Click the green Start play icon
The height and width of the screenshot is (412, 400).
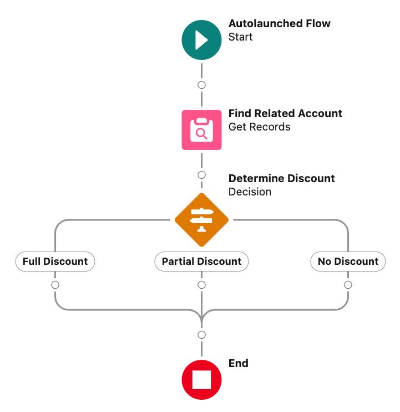pos(201,40)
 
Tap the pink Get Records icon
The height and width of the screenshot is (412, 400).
pos(201,130)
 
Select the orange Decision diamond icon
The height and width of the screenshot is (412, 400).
pos(201,220)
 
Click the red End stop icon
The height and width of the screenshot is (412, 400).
pos(201,380)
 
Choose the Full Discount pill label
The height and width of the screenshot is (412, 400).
pos(55,261)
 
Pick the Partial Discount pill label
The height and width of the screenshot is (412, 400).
pos(201,261)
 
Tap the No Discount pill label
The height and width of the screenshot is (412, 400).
pos(348,261)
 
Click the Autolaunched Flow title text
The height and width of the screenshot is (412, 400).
pos(279,24)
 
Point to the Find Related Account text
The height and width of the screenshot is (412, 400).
pos(285,113)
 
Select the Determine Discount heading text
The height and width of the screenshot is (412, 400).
pos(281,178)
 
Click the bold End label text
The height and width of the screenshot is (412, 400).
pos(238,363)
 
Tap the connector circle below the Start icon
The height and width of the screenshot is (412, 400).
pos(201,85)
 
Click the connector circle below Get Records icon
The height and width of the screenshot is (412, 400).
pos(201,175)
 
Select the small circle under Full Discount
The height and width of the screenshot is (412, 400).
pos(55,285)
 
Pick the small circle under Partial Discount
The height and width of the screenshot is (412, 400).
pos(201,285)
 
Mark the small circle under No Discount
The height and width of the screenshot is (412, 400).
pos(348,285)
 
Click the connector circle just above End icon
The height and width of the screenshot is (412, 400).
pos(201,335)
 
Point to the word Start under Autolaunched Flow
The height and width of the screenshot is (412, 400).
pos(240,37)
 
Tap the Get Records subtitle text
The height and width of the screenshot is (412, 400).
pos(259,127)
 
